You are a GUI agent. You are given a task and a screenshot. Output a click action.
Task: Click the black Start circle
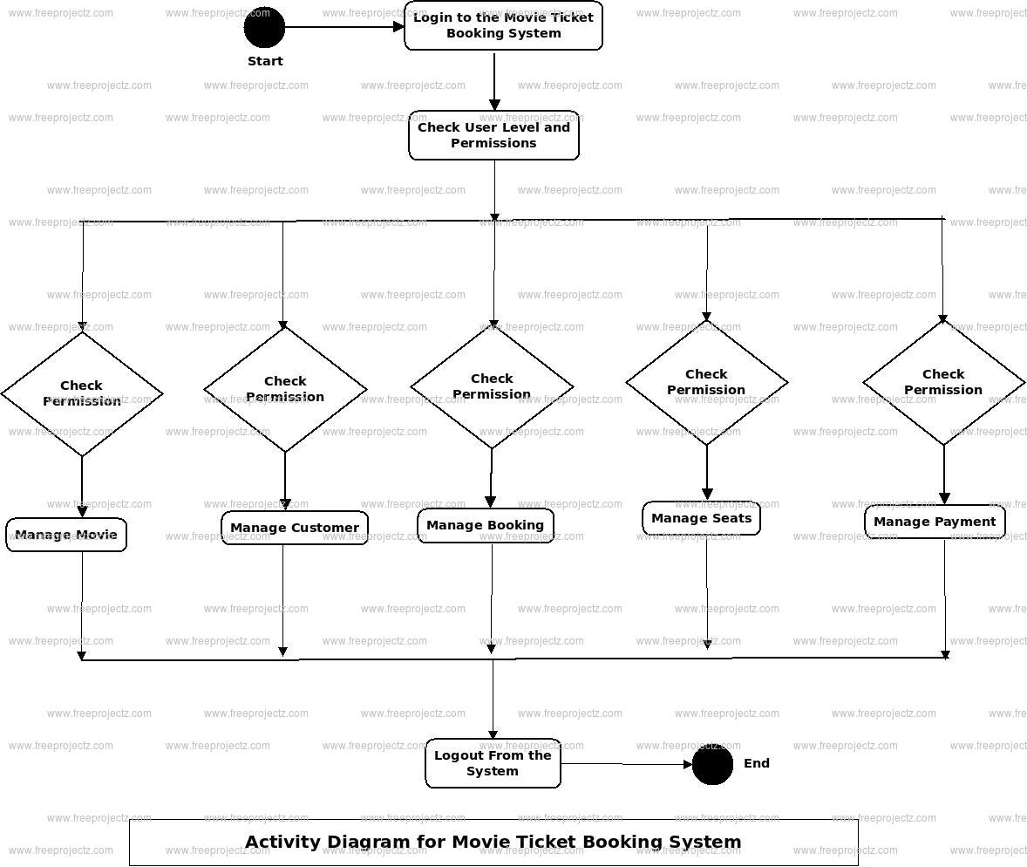tap(264, 27)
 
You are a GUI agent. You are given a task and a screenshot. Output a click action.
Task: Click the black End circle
tap(712, 765)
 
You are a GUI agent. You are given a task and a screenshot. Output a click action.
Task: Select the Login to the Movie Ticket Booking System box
tap(503, 25)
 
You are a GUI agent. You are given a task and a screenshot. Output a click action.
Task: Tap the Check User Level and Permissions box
tap(493, 135)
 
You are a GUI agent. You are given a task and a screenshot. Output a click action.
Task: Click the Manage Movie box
tap(66, 535)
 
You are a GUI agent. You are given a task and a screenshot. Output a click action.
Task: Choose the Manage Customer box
tap(295, 528)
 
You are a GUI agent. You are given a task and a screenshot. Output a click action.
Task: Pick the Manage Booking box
tap(485, 525)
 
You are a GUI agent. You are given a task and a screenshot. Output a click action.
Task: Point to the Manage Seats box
tap(701, 518)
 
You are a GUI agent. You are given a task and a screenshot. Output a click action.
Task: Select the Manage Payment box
tap(935, 522)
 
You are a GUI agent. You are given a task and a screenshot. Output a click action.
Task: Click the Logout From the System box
tap(493, 763)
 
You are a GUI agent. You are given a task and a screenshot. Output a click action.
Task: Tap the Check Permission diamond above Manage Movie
tap(82, 393)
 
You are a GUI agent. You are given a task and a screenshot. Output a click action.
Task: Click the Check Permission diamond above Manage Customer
tap(285, 389)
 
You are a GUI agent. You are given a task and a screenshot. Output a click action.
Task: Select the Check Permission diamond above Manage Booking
tap(492, 386)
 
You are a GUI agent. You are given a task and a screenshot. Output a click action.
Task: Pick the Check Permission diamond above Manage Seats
tap(706, 382)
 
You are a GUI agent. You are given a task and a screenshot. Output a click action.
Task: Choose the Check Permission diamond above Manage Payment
tap(943, 382)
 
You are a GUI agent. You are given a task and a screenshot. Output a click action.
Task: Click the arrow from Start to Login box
tap(344, 27)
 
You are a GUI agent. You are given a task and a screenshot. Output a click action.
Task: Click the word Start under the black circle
tap(265, 61)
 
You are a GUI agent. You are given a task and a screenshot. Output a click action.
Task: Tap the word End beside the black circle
tap(757, 763)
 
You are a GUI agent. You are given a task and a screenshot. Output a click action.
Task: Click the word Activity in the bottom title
tap(282, 842)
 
